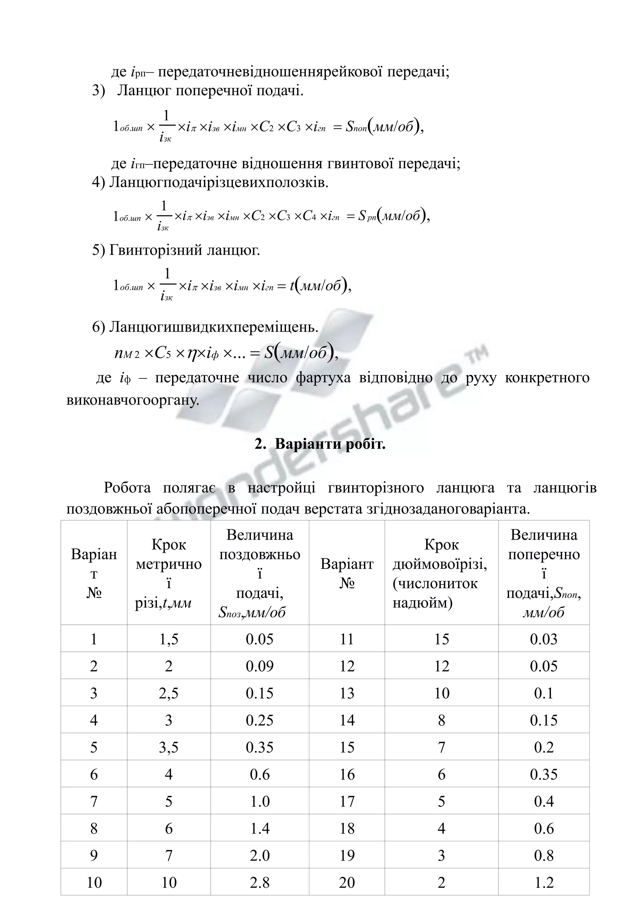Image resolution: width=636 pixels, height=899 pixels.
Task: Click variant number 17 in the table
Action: point(347,801)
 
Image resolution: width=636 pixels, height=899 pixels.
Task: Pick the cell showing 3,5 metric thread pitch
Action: point(169,747)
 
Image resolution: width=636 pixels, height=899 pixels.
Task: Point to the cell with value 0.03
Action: point(543,639)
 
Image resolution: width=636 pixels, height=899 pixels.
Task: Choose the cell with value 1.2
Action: point(543,882)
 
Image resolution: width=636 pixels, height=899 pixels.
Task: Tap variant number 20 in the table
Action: point(347,882)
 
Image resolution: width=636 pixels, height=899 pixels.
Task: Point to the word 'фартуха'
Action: point(323,378)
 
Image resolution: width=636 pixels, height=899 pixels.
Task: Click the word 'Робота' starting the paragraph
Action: point(127,488)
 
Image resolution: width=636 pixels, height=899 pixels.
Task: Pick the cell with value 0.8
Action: point(543,855)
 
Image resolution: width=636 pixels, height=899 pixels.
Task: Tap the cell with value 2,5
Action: point(169,693)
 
